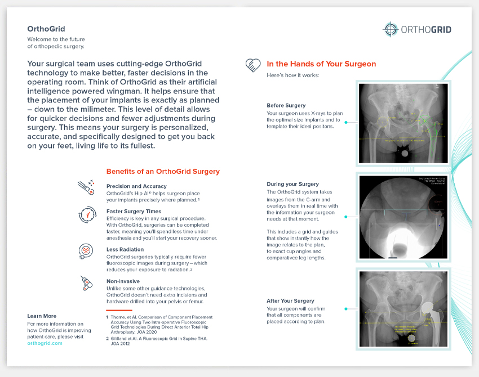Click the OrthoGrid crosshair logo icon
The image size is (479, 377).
tap(390, 29)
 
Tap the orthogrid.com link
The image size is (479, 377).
tap(45, 343)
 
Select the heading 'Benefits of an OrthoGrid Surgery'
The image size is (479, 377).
tap(163, 172)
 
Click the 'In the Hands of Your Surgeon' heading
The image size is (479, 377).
tap(321, 64)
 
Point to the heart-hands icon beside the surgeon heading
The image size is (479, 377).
tap(252, 66)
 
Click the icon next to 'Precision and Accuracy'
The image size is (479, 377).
tap(86, 187)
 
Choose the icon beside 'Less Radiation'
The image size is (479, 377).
tap(86, 251)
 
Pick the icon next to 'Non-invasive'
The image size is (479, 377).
tap(86, 283)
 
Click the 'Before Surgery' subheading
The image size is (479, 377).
tap(286, 105)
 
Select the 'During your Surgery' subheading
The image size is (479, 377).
tap(292, 184)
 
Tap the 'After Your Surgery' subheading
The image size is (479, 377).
tap(290, 301)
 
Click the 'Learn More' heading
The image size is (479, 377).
tap(42, 316)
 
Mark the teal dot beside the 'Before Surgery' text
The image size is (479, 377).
tap(346, 121)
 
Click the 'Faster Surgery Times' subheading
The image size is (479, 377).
tap(134, 212)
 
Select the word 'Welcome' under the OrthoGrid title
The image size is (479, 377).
tap(38, 39)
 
